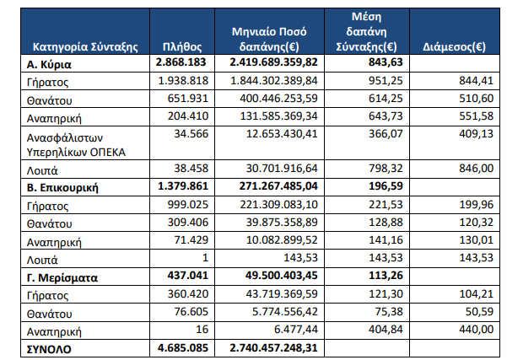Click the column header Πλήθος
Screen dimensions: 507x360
coord(182,47)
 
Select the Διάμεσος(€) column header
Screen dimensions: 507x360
coord(455,47)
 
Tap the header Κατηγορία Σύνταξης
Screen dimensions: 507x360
coord(85,47)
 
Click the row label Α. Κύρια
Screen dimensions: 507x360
coord(49,65)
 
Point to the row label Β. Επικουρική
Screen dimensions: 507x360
coord(62,188)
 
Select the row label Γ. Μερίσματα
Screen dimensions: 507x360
coord(62,278)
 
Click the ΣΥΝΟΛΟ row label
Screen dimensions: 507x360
coord(49,349)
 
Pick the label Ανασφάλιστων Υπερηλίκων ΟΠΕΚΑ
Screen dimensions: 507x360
coord(76,145)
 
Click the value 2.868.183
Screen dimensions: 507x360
coord(181,62)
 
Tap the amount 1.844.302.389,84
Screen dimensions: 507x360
coord(274,80)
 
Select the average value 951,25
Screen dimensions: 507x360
coord(386,80)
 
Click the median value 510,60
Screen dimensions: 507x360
coord(477,99)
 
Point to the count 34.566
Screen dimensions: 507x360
coord(191,134)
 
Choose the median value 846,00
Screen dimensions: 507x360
coord(477,169)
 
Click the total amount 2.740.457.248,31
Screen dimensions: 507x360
coord(274,347)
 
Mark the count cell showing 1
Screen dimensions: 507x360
coord(205,257)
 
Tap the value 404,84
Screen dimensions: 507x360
coord(386,330)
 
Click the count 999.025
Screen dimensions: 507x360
coord(188,205)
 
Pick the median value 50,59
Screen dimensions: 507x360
coord(479,312)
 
